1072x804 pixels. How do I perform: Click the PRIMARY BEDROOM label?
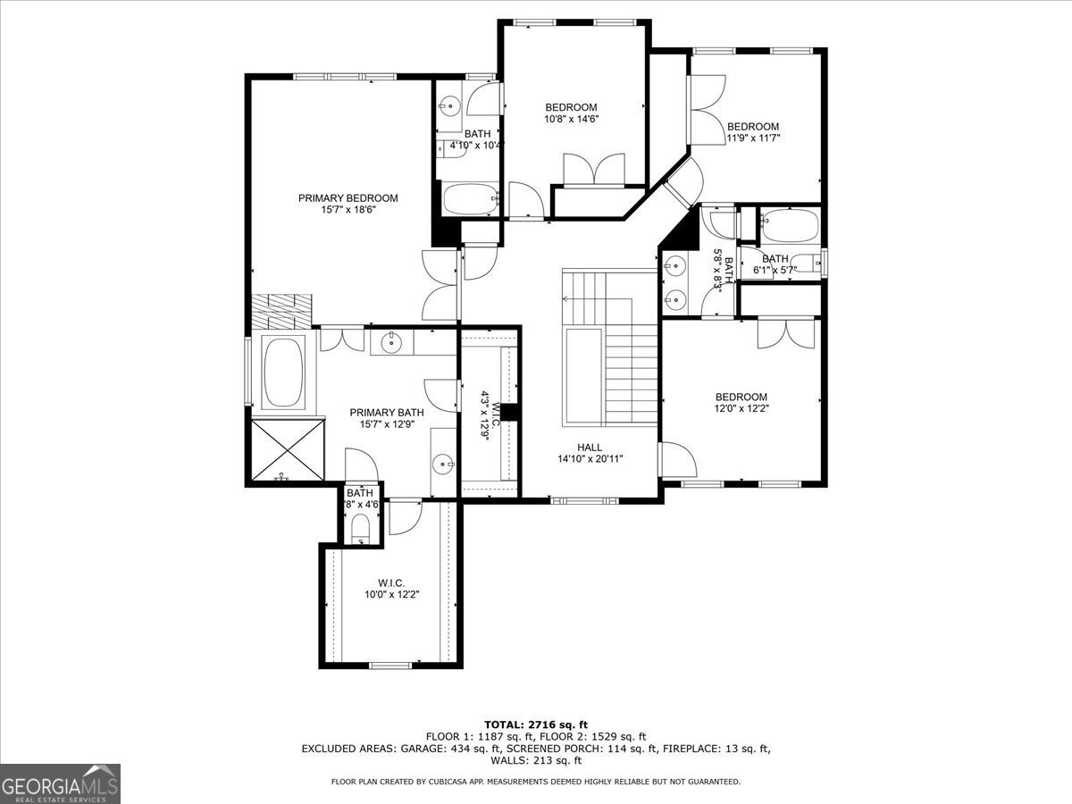pos(348,198)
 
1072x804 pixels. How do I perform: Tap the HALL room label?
pos(590,448)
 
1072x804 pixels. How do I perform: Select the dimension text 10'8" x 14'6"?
pos(572,119)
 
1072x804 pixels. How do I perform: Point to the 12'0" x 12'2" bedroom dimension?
pos(741,408)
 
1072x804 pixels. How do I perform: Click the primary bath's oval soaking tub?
pos(283,372)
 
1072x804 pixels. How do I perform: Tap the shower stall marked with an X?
pos(288,449)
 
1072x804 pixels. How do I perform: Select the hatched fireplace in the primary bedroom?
pos(281,312)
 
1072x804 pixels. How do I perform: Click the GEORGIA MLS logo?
pos(60,783)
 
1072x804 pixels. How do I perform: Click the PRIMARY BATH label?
pos(386,413)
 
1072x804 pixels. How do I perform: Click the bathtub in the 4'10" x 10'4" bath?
pos(471,198)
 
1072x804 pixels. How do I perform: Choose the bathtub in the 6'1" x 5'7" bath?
pos(790,224)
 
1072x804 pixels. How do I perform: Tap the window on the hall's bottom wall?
pos(584,500)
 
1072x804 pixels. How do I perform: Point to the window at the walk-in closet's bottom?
pos(390,665)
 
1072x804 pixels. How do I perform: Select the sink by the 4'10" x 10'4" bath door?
pos(448,105)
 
